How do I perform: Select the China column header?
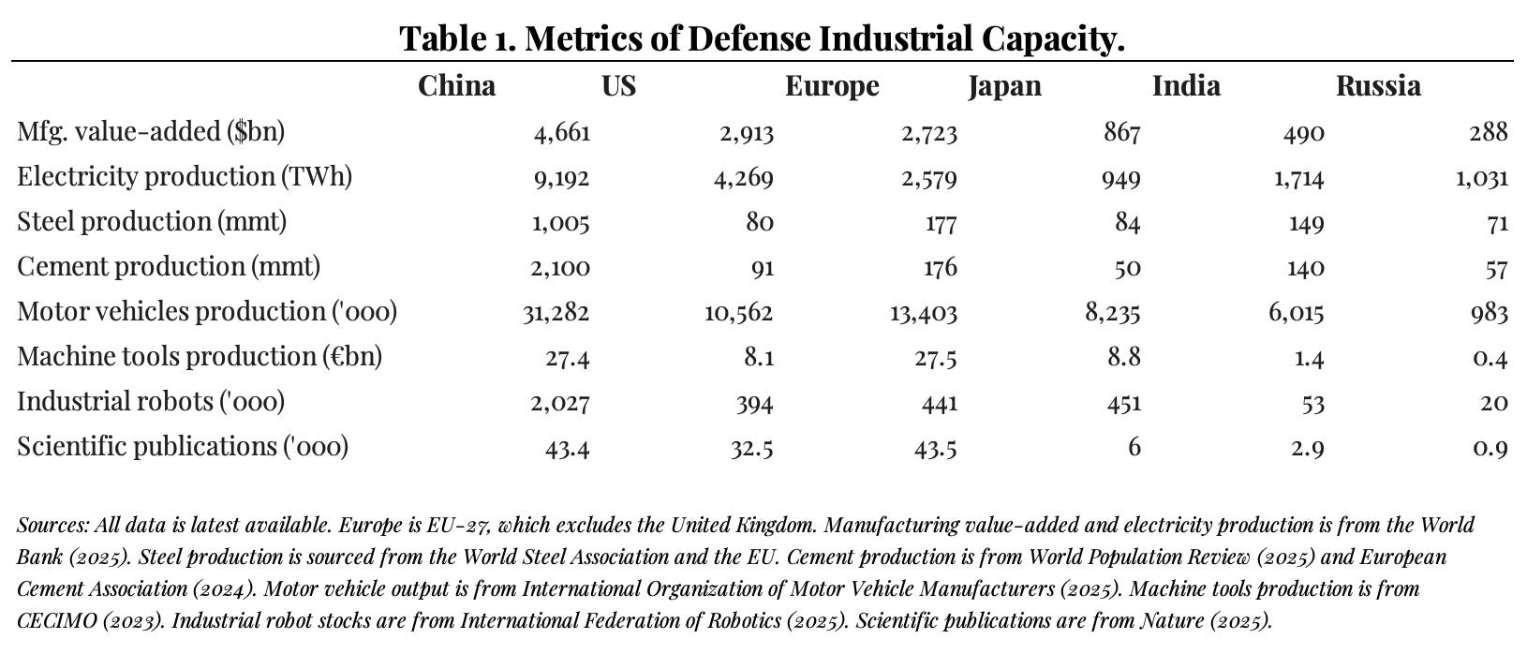pyautogui.click(x=456, y=86)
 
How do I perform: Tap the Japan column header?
pyautogui.click(x=1004, y=86)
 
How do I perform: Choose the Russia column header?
pyautogui.click(x=1378, y=86)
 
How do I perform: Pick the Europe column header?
pyautogui.click(x=832, y=86)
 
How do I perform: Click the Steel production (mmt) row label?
pyautogui.click(x=152, y=222)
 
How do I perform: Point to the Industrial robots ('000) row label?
pyautogui.click(x=151, y=402)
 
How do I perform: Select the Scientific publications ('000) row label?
pyautogui.click(x=183, y=447)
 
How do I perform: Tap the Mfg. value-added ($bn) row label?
pyautogui.click(x=151, y=132)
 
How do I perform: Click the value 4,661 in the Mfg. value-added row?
pyautogui.click(x=562, y=133)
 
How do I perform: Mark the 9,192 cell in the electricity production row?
pyautogui.click(x=562, y=178)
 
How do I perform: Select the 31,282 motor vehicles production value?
pyautogui.click(x=556, y=313)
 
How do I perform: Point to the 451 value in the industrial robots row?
pyautogui.click(x=1123, y=403)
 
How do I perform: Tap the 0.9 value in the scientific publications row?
pyautogui.click(x=1490, y=448)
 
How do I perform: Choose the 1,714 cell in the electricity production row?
pyautogui.click(x=1298, y=178)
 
